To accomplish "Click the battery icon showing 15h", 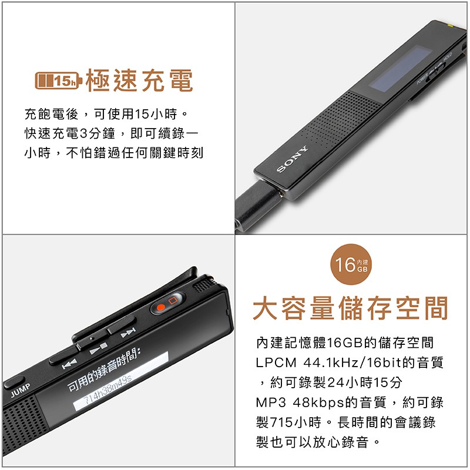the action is click(58, 80).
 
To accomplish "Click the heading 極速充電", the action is click(139, 80).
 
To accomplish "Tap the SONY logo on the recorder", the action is click(292, 159).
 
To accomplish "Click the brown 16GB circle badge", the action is click(351, 264).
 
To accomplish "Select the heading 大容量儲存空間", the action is click(350, 308).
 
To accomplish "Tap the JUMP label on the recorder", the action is click(21, 390).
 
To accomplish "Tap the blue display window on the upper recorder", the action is click(400, 68).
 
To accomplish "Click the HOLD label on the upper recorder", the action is click(448, 57).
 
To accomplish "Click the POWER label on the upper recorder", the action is click(422, 79).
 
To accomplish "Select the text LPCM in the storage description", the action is click(276, 362).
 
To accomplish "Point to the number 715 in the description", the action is click(281, 422).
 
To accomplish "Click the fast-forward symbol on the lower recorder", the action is click(128, 332).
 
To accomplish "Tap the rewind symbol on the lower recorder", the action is click(69, 364).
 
